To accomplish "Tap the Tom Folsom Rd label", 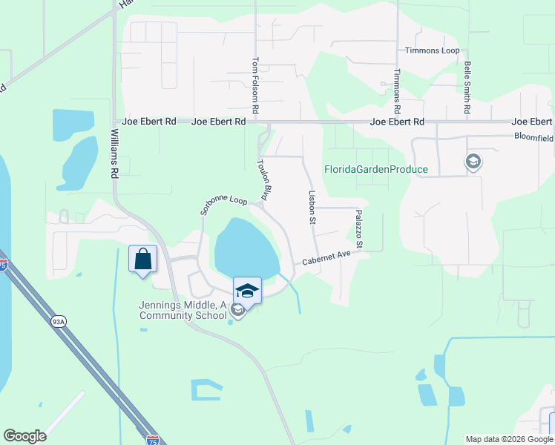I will [255, 86].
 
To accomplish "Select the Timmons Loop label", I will [432, 50].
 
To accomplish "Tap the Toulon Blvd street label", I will [261, 179].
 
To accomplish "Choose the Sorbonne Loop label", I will [223, 205].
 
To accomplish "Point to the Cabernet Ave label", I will [326, 258].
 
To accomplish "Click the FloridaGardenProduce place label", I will [376, 169].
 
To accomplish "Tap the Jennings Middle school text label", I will [183, 310].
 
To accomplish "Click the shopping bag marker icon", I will [143, 260].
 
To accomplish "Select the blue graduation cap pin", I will [248, 290].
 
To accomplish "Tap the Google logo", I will [24, 436].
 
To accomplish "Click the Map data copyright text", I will [508, 439].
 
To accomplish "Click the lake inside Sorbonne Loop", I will [245, 248].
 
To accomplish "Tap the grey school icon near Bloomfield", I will [472, 161].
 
